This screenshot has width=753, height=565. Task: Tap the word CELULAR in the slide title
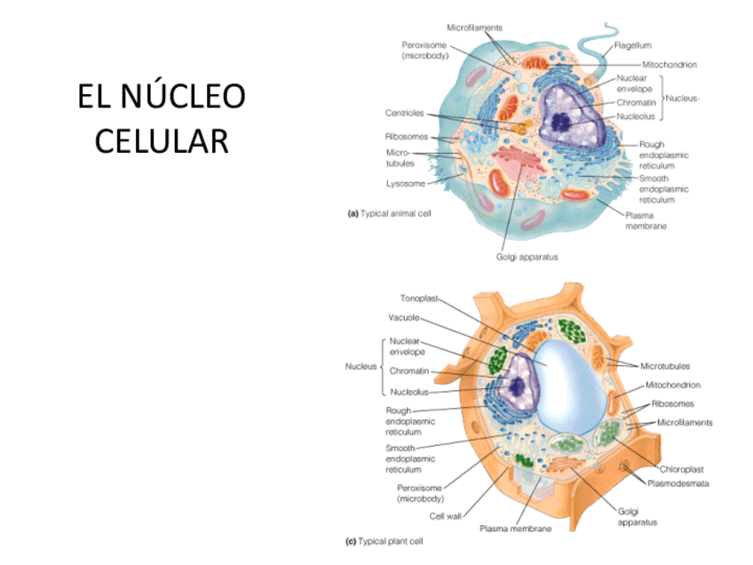(161, 140)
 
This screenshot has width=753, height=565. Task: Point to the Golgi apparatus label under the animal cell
(527, 257)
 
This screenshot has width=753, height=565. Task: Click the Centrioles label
(404, 113)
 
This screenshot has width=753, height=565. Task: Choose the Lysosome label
(403, 184)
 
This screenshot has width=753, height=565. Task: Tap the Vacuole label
(404, 317)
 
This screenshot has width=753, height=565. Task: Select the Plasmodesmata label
(685, 484)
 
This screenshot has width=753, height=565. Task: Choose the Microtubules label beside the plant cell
(667, 365)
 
